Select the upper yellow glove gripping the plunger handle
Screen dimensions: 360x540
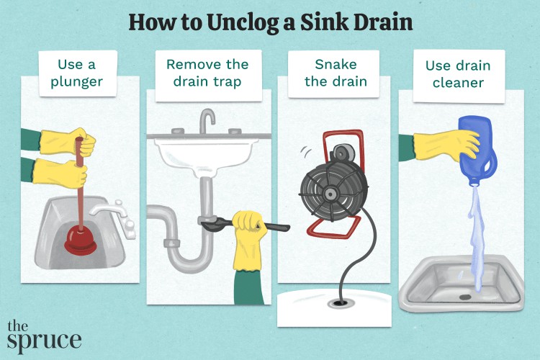point(79,143)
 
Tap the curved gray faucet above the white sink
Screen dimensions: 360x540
point(207,120)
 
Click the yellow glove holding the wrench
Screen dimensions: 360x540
point(249,229)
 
